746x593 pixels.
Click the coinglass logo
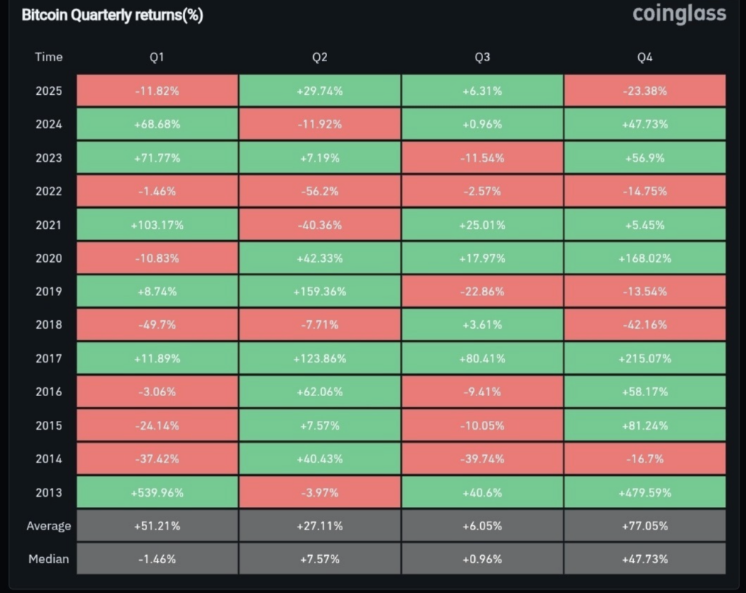[679, 15]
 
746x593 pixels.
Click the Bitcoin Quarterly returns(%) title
[112, 15]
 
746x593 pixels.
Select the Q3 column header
[482, 57]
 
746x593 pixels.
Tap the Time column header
[49, 57]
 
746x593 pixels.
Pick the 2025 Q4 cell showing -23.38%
[645, 90]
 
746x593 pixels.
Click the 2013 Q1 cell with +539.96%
[157, 492]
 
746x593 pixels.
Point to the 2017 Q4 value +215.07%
[645, 358]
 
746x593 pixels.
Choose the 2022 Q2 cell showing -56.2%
[320, 191]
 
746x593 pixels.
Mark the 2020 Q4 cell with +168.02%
[645, 258]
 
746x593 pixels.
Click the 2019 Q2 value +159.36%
[320, 292]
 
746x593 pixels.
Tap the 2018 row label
[49, 325]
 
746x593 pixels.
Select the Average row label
[49, 526]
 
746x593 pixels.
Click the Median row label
[49, 559]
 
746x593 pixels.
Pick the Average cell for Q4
[645, 526]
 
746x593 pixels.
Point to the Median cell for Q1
[157, 559]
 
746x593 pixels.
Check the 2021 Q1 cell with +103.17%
[157, 225]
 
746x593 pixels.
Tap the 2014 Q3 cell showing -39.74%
[482, 459]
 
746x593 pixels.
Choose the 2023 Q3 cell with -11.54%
[482, 158]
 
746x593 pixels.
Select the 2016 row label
[49, 392]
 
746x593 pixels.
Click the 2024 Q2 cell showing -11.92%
[320, 124]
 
